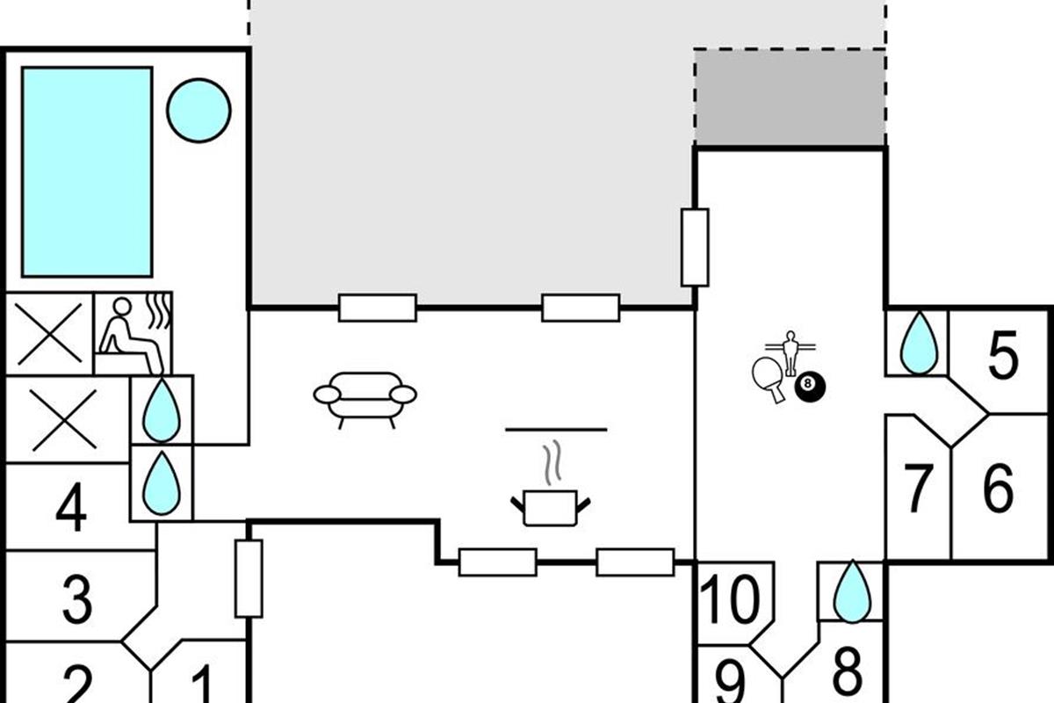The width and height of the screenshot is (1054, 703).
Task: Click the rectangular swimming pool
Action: (x=86, y=171)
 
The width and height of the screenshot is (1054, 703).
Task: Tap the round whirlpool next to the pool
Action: (x=199, y=110)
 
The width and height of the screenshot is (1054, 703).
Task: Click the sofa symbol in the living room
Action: (x=365, y=398)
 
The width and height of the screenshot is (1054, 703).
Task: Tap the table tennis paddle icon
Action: (x=769, y=378)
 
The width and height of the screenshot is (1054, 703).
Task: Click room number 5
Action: (x=1002, y=355)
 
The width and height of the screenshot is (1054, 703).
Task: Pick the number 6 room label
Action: (x=999, y=489)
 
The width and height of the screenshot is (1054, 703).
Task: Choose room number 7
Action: (x=918, y=489)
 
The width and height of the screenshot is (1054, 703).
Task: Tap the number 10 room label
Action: (x=731, y=602)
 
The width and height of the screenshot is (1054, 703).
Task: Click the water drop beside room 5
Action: (x=920, y=342)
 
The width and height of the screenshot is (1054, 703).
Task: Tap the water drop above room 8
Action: (x=851, y=592)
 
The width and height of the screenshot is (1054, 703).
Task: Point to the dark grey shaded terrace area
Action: (x=790, y=98)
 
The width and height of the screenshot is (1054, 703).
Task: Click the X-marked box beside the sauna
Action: (x=49, y=334)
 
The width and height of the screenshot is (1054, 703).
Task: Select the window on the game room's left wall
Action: (x=695, y=247)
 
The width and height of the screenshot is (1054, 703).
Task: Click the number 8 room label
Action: (x=847, y=672)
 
